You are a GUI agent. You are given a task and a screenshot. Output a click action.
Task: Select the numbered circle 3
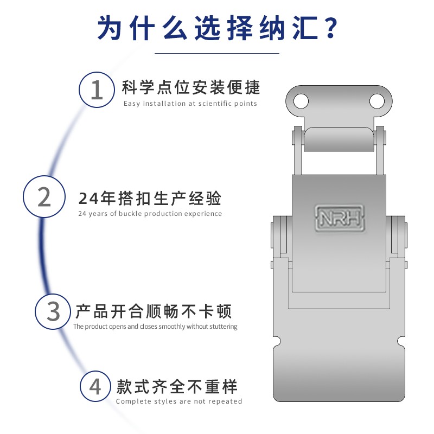(x=53, y=311)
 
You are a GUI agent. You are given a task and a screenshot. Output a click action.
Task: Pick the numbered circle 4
(x=95, y=387)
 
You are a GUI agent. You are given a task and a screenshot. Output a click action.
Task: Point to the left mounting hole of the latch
(x=301, y=101)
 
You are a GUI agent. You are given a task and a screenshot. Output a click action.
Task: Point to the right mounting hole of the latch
(x=376, y=101)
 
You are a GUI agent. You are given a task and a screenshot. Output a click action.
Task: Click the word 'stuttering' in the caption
(x=222, y=327)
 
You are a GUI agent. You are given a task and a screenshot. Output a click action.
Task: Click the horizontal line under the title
(x=217, y=53)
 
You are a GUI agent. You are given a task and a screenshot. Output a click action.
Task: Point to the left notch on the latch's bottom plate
(x=276, y=342)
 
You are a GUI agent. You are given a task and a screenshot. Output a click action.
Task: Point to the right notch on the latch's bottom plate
(x=401, y=342)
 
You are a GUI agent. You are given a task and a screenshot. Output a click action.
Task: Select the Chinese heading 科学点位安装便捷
(x=191, y=87)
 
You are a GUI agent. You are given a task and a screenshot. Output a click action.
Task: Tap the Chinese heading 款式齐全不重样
(x=177, y=387)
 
